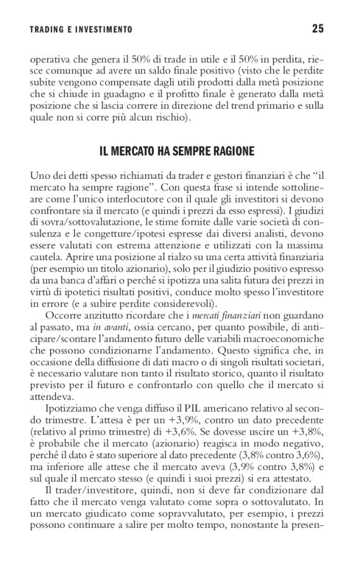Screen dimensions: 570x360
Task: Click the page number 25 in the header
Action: tap(318, 29)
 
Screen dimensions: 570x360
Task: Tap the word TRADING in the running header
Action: tap(49, 29)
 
